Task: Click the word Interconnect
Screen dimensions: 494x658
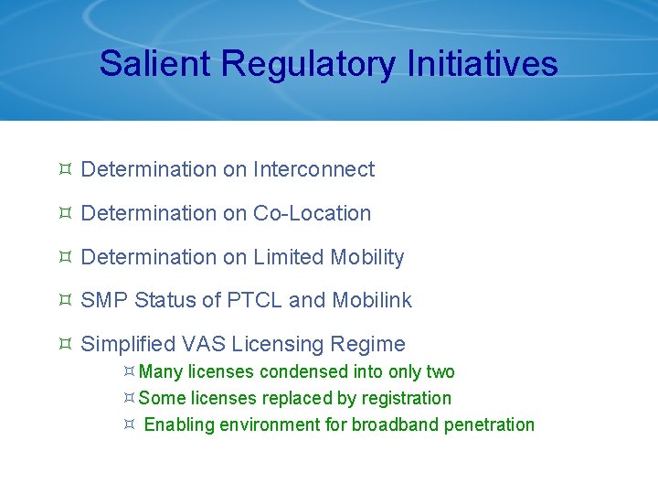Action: coord(313,169)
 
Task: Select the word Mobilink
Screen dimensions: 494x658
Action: coord(372,300)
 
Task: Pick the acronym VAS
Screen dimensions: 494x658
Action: coord(204,344)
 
